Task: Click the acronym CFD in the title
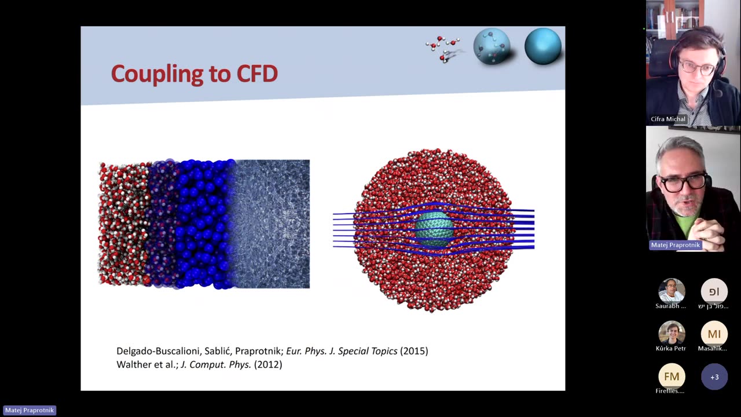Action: (x=256, y=74)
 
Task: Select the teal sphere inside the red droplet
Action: (x=434, y=229)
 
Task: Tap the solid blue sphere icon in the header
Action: (x=542, y=46)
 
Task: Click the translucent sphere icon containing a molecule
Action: (x=492, y=46)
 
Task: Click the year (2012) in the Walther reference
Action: (x=268, y=364)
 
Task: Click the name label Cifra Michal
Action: (x=667, y=119)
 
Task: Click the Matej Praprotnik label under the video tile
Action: (x=675, y=245)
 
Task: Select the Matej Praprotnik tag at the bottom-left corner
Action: (x=30, y=410)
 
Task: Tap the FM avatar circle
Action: (x=672, y=376)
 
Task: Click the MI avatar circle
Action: (x=714, y=334)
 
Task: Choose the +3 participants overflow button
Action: (x=714, y=377)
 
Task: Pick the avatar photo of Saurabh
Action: (x=672, y=291)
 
